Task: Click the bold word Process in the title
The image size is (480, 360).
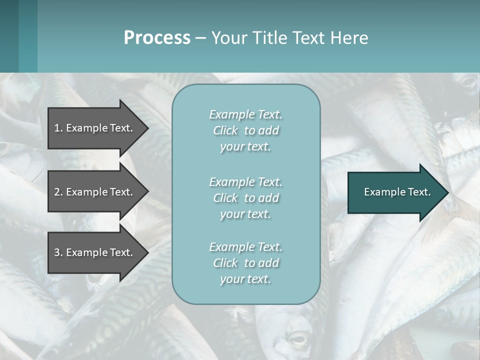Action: [157, 38]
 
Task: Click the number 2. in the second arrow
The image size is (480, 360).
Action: [58, 192]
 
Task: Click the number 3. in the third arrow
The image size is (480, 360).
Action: [58, 252]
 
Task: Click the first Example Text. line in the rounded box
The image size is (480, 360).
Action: [245, 114]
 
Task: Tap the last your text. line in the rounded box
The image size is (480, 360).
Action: [245, 279]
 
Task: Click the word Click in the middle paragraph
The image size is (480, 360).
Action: [225, 198]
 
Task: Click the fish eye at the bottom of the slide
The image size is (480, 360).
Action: [298, 340]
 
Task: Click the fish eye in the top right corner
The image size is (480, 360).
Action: [468, 80]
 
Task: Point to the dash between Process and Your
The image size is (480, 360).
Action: [200, 38]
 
